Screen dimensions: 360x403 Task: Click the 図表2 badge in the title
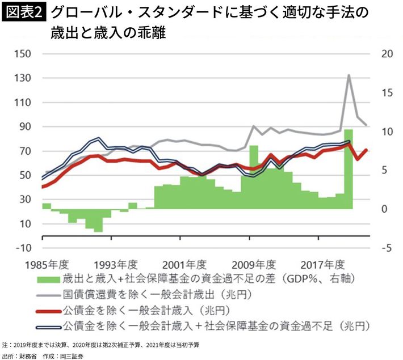point(25,12)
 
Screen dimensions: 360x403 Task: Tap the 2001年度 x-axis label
point(183,265)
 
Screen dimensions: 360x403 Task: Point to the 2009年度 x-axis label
point(253,265)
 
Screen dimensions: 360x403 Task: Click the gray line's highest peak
point(349,75)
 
